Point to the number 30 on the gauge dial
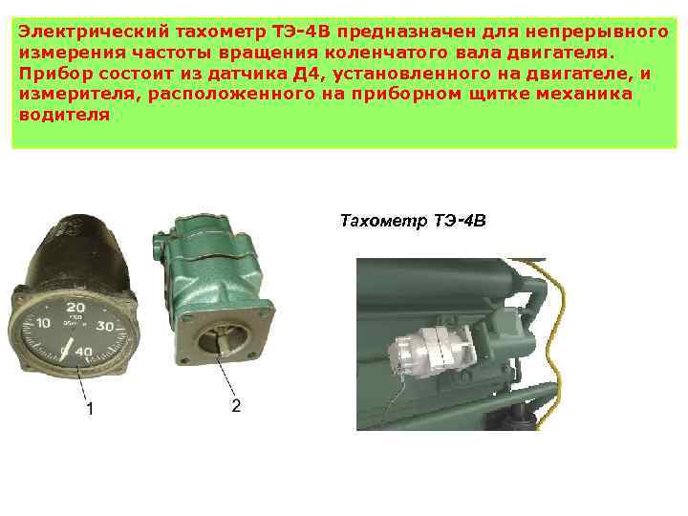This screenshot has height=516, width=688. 106,326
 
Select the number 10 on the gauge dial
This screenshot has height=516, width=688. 43,326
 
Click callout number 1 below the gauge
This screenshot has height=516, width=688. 90,409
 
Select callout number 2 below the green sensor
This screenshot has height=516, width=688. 235,405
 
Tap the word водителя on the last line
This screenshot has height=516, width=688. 64,114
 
